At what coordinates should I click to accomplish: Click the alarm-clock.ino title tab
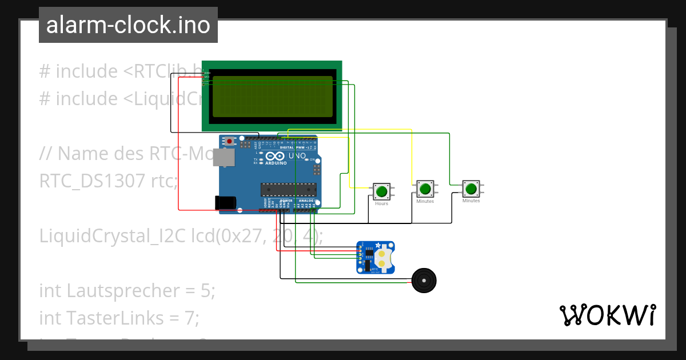tap(128, 25)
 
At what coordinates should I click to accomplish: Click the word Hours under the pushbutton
tap(381, 204)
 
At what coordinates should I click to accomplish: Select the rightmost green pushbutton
tap(471, 189)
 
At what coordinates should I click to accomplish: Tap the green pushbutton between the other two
tap(424, 189)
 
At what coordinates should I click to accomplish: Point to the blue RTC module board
tap(376, 257)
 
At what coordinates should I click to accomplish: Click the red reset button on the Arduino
tap(230, 141)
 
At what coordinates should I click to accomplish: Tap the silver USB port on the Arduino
tap(223, 157)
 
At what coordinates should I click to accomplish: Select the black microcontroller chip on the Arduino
tap(289, 189)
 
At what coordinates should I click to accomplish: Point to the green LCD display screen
tap(272, 97)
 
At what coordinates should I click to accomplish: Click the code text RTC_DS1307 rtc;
tap(109, 181)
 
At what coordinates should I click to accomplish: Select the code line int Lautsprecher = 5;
tap(127, 290)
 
